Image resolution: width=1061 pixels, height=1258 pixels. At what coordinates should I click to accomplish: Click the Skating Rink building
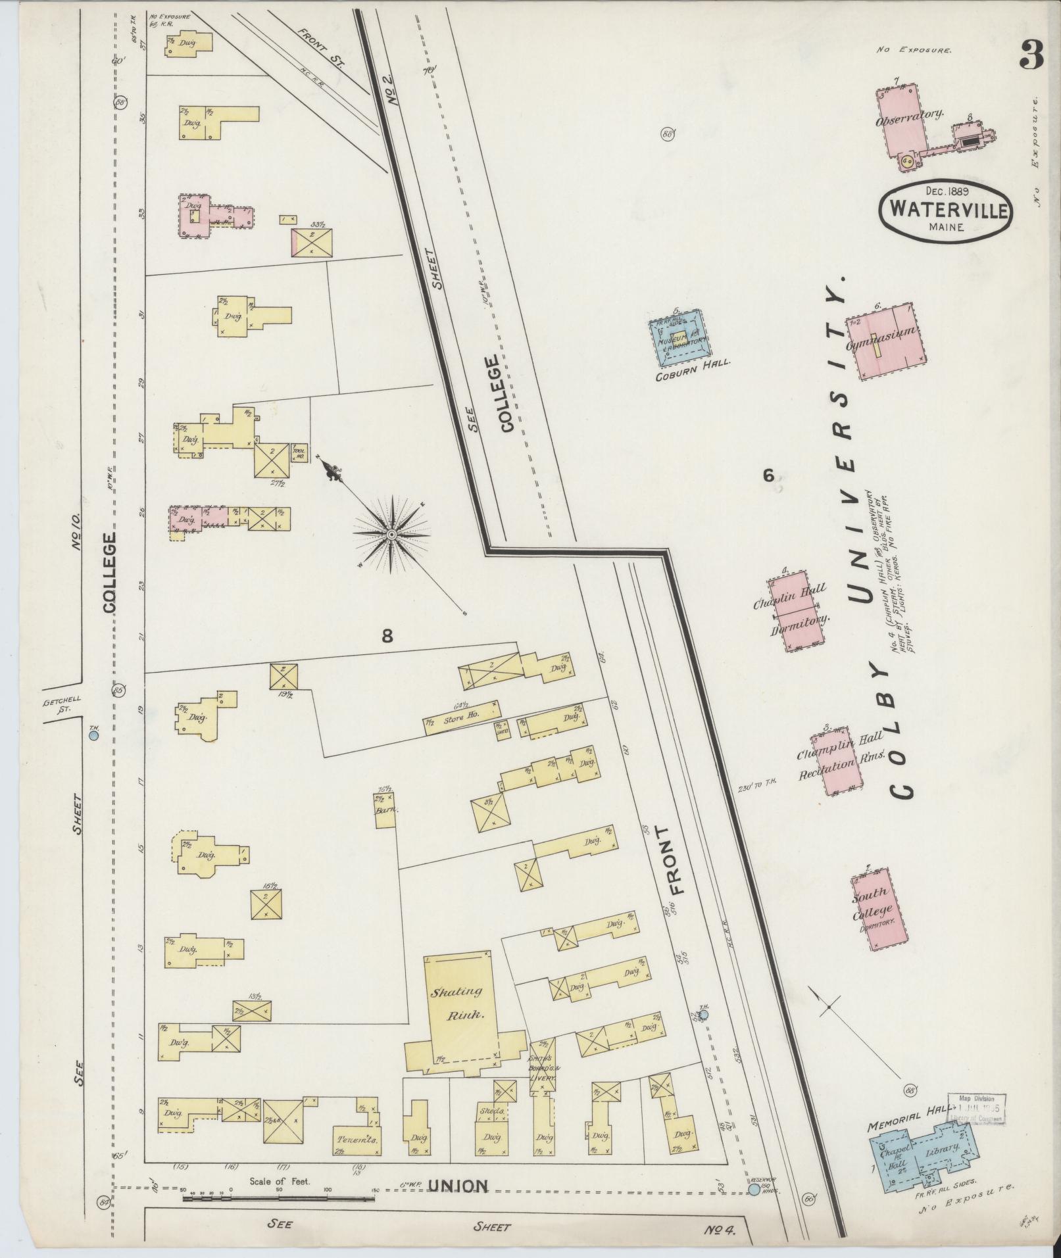pyautogui.click(x=460, y=1012)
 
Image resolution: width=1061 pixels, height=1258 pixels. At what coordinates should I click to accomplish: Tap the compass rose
pyautogui.click(x=391, y=535)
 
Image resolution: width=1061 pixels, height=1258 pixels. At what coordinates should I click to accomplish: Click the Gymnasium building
pyautogui.click(x=892, y=342)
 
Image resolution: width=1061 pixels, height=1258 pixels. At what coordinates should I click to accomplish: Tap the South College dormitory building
pyautogui.click(x=878, y=908)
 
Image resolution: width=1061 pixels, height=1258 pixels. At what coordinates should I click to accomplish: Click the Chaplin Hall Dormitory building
pyautogui.click(x=798, y=608)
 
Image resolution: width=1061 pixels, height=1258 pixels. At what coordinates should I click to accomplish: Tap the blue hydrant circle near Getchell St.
pyautogui.click(x=93, y=736)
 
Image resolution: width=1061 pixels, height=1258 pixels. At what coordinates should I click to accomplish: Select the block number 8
pyautogui.click(x=387, y=635)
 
